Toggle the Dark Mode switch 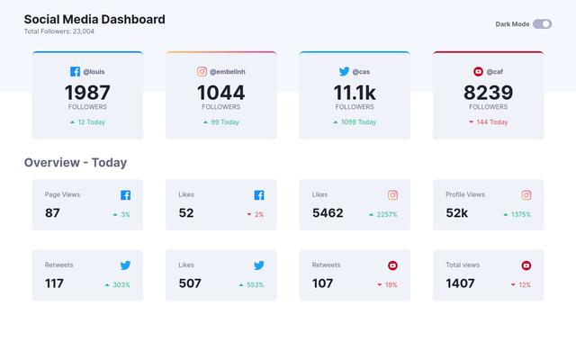pos(542,24)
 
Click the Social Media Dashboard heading pos(94,19)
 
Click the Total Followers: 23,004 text pos(58,31)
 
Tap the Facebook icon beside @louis pos(76,71)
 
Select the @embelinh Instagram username pos(228,71)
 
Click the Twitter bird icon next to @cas pos(344,71)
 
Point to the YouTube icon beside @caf pos(478,71)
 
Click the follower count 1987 pos(87,93)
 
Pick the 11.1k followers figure pos(355,93)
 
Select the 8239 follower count pos(488,93)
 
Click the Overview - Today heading pos(75,163)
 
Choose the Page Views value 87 pos(52,213)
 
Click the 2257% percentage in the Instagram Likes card pos(386,215)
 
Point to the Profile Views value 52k pos(456,213)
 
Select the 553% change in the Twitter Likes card pos(254,285)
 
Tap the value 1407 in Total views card pos(460,283)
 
